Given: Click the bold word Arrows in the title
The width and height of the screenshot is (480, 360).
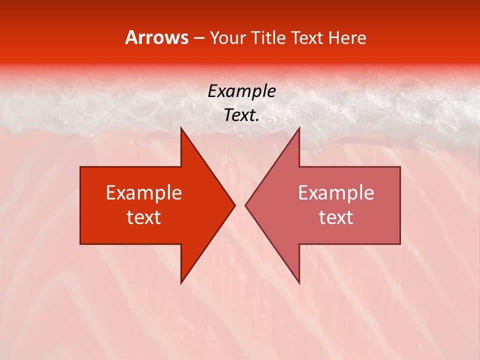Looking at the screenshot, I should [x=157, y=37].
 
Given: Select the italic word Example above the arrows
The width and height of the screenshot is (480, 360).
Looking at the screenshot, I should [x=241, y=91].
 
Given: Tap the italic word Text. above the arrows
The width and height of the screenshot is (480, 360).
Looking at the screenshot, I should [x=241, y=115].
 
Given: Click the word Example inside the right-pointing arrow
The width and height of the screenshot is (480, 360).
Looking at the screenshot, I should [x=144, y=192].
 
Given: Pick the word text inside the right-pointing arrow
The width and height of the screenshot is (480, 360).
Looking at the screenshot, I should [x=144, y=217].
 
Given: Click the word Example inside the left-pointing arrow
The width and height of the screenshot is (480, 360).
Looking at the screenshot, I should [x=336, y=192].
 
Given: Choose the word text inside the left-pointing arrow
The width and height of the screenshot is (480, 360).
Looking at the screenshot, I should [x=336, y=217].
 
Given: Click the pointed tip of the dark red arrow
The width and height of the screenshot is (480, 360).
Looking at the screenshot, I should [x=235, y=205].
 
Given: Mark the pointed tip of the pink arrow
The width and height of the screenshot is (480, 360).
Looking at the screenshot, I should [x=245, y=205].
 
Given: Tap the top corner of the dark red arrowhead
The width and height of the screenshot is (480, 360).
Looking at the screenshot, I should [x=181, y=127].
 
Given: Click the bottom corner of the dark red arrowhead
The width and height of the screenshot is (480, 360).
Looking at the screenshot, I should [x=181, y=283].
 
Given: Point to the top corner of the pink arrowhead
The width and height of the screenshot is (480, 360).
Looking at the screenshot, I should [x=299, y=127].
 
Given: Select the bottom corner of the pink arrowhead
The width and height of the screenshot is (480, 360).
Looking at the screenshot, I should [x=299, y=283].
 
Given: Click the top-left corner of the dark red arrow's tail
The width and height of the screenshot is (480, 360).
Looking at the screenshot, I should [x=80, y=167].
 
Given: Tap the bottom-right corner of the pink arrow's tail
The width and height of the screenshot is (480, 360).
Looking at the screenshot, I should [x=400, y=244].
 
